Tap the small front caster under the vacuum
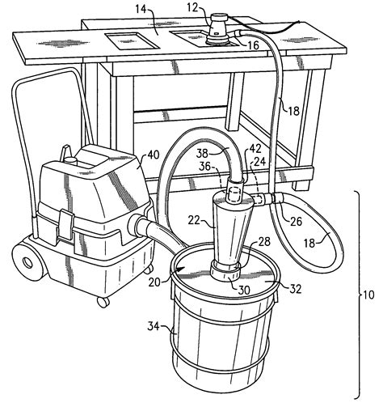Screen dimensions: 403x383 103,302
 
